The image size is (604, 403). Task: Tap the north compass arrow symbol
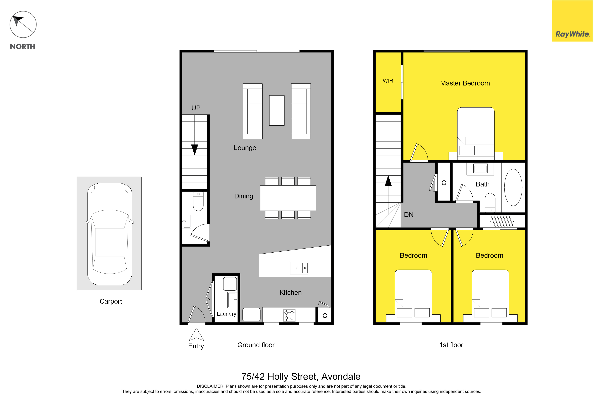click(x=23, y=24)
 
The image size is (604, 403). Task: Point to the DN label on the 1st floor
click(x=409, y=215)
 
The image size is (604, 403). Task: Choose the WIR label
click(x=388, y=81)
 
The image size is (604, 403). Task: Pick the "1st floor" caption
click(x=451, y=345)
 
